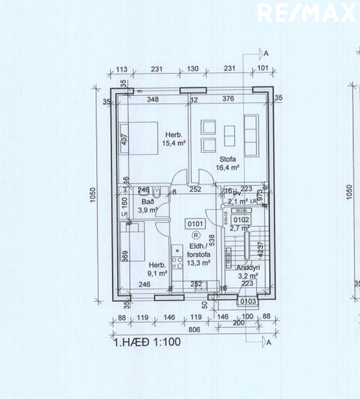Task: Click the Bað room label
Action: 147,201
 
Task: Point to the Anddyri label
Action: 247,267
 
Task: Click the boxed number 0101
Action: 195,224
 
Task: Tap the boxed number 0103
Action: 247,301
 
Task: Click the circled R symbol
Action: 195,236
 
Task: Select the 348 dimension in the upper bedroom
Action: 153,99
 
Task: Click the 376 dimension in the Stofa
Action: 228,99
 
